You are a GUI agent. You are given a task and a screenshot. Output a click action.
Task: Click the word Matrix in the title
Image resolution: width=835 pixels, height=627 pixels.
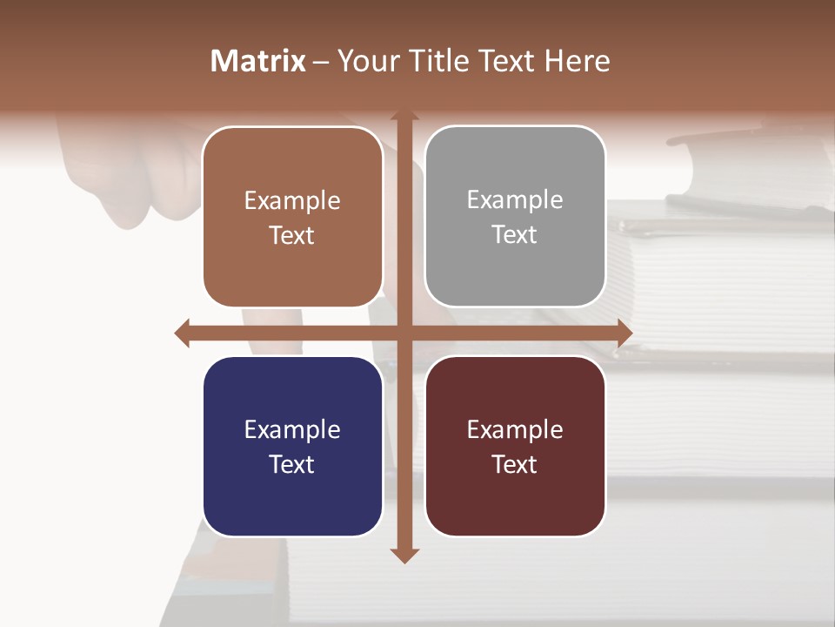point(258,61)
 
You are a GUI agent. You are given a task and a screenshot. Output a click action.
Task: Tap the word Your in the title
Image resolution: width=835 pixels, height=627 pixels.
point(365,61)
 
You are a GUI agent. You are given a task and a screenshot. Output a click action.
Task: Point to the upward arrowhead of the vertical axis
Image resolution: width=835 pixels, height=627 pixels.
point(404,116)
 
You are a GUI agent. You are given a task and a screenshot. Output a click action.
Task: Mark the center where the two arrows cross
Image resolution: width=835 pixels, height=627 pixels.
point(404,333)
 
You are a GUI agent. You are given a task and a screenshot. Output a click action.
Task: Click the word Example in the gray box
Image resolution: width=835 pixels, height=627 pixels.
point(515,200)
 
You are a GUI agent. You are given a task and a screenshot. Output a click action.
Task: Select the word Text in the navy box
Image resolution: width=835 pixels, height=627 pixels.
point(292,464)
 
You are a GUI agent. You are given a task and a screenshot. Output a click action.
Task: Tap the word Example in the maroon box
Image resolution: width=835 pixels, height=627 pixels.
point(515,429)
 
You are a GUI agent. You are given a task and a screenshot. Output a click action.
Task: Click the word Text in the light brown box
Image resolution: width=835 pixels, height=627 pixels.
point(292,235)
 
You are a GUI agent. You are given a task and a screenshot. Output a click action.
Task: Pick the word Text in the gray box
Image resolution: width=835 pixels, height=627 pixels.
point(515,235)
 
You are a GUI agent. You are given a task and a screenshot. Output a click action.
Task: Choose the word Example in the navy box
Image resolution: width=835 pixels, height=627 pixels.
point(292,429)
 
